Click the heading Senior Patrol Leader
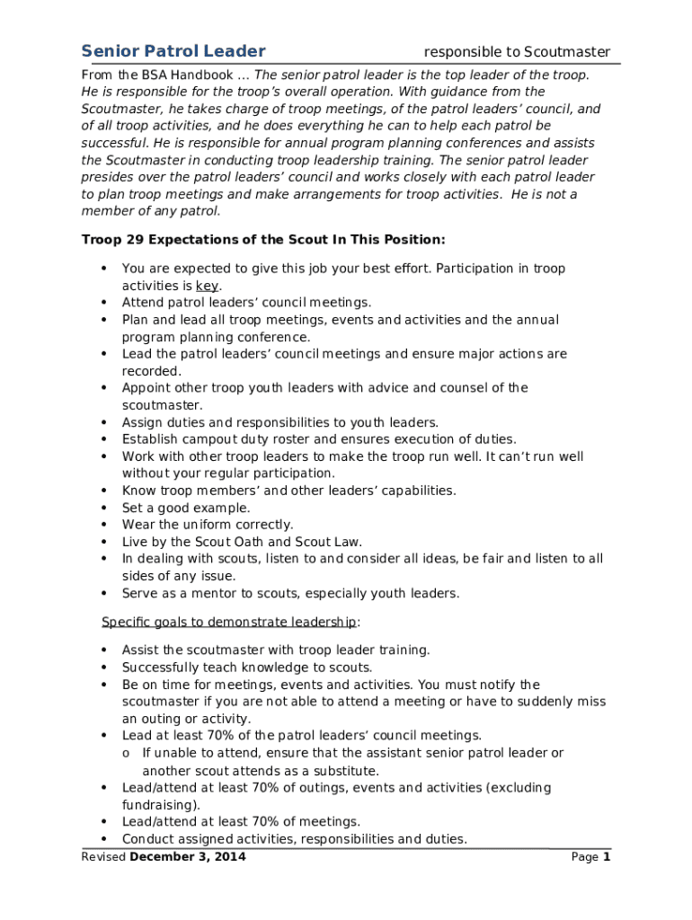(173, 51)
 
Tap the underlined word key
(208, 286)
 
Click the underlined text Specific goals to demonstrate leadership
(229, 622)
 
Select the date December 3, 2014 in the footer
(188, 856)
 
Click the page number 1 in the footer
(607, 856)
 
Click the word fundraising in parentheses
(160, 804)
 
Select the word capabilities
(412, 491)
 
